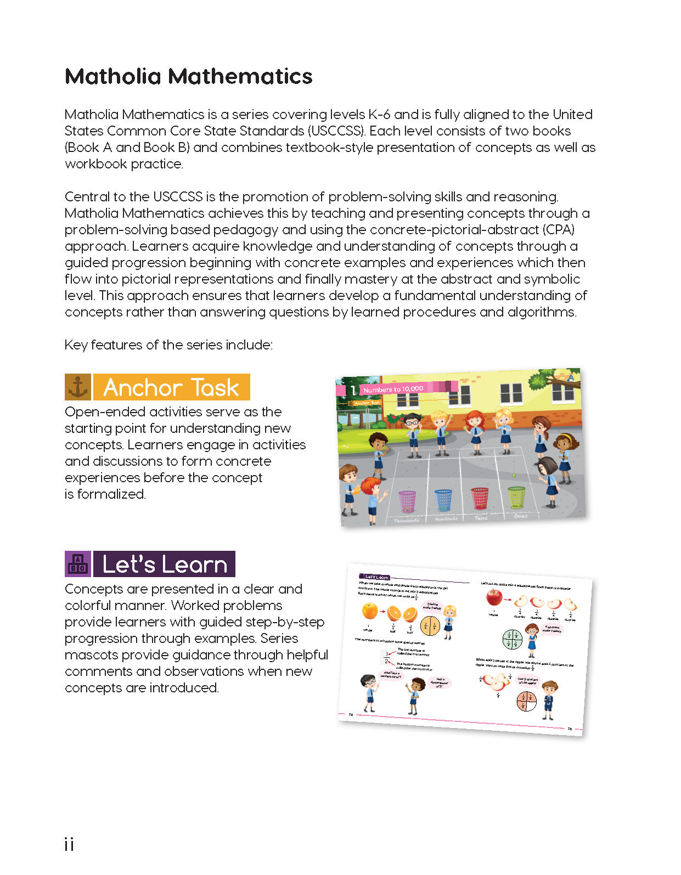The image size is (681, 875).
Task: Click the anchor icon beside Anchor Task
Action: [x=78, y=387]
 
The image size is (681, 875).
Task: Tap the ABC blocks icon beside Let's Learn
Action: [x=78, y=564]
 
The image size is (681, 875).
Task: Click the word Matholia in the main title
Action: [x=113, y=76]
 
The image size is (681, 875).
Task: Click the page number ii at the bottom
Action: [x=69, y=844]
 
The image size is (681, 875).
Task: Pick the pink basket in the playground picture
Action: [x=407, y=500]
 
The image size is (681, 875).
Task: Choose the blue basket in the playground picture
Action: [x=443, y=499]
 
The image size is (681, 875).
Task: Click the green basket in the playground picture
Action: [x=516, y=497]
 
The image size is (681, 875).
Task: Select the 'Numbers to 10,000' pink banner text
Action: [x=393, y=389]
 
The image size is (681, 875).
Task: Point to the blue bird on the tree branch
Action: [x=570, y=377]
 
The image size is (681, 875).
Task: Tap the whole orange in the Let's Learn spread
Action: [x=370, y=611]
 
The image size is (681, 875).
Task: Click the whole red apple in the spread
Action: [x=494, y=597]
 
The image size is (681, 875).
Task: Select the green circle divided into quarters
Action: [x=512, y=639]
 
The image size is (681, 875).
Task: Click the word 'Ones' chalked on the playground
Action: [x=520, y=516]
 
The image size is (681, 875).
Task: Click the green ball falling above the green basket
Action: [x=514, y=475]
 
